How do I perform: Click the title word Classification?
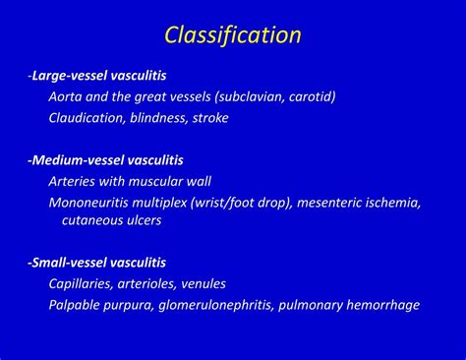click(232, 36)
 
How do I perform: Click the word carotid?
click(306, 96)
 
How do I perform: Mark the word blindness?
click(170, 118)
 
